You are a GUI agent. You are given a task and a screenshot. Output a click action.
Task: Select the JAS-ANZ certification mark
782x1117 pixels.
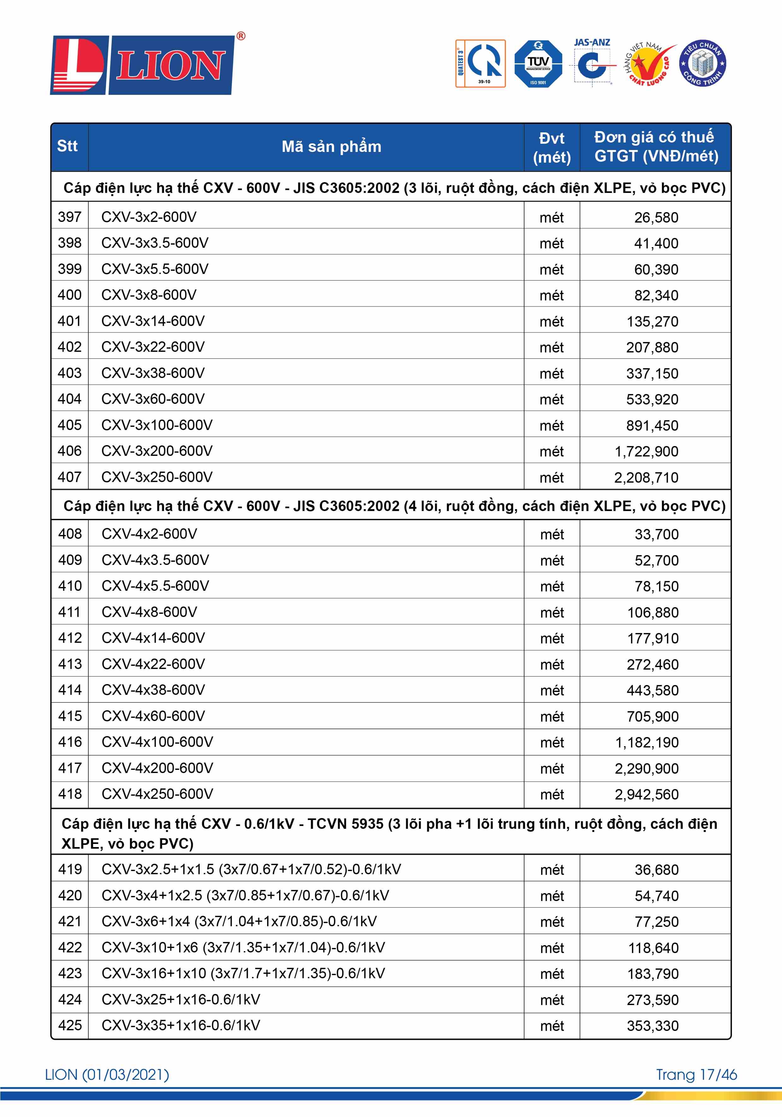point(592,62)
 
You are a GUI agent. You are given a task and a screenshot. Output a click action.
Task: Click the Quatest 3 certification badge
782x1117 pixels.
point(480,64)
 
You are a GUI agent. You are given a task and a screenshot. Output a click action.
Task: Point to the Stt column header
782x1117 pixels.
point(68,146)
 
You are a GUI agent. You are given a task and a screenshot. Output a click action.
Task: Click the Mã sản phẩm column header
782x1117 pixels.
point(331,146)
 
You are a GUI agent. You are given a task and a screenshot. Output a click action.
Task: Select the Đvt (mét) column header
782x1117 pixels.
point(552,148)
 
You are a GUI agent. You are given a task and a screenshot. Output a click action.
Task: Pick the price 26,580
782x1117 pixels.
point(656,218)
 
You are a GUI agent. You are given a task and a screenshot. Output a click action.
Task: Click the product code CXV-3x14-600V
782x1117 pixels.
point(153,321)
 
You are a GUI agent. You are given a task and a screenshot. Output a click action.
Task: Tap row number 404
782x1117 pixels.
point(70,399)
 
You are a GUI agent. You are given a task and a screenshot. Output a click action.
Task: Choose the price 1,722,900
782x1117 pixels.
point(646,451)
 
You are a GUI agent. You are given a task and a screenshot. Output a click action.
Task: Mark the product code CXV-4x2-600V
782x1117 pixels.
point(149,534)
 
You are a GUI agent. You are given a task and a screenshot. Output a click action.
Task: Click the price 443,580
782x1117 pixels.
point(652,690)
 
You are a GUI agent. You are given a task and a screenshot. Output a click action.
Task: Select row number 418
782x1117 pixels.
point(70,794)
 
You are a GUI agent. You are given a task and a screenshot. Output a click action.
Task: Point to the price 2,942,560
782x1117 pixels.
point(646,794)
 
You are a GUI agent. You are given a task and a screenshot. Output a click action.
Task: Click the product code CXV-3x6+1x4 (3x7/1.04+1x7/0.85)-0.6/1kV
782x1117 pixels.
point(239,922)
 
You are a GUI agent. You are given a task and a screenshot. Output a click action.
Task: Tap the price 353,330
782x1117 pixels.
point(652,1026)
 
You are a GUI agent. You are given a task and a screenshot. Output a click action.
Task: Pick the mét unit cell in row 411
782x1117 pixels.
point(552,613)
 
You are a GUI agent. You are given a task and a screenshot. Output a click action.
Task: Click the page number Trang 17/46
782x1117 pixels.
point(696,1075)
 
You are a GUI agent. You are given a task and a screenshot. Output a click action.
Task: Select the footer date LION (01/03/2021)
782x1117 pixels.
point(107,1075)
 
